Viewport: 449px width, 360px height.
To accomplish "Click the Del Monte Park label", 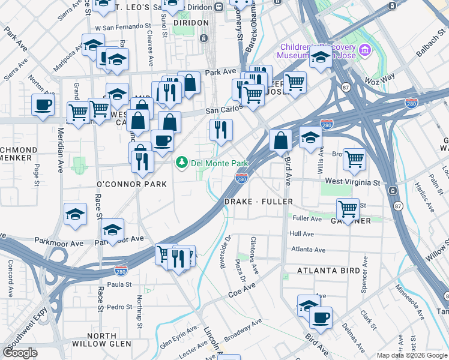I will (219, 163).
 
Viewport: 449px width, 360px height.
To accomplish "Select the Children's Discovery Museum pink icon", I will (364, 48).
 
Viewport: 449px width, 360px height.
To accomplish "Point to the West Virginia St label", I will (352, 182).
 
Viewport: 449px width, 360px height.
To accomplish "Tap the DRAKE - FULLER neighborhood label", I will (258, 202).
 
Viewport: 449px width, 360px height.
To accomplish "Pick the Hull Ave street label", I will (302, 234).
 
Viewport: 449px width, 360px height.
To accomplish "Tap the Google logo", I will (20, 353).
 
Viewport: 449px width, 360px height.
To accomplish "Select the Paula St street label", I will (119, 284).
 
